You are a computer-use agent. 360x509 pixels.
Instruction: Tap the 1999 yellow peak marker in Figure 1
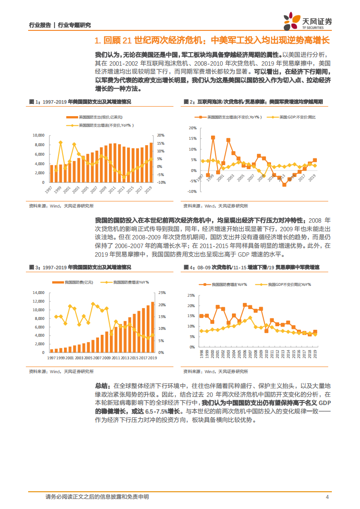[60, 142]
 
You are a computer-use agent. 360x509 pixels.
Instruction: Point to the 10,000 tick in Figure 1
[38, 135]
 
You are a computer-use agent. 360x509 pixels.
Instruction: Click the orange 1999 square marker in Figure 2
[213, 137]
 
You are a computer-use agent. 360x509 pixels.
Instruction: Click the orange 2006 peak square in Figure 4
[245, 305]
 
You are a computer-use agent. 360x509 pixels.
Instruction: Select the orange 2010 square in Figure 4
[266, 331]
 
